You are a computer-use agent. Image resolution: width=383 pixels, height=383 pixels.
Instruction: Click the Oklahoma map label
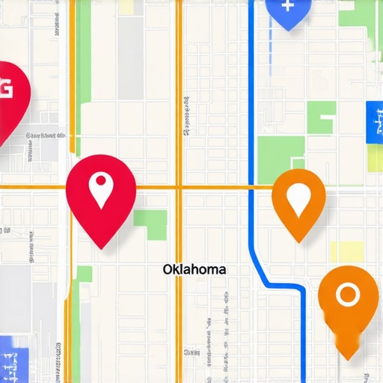(194, 269)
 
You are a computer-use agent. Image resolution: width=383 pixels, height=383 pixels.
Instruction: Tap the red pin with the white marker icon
(101, 191)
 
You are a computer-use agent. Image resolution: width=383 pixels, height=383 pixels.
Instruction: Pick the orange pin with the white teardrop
(299, 198)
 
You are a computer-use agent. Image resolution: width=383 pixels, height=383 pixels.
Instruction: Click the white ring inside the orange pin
(347, 294)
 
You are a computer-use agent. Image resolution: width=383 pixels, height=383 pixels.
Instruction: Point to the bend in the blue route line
(262, 277)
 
